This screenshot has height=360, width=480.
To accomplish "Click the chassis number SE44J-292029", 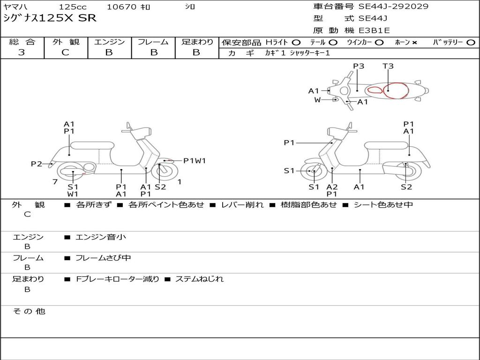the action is [x=393, y=7].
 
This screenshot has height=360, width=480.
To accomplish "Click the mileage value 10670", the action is [x=121, y=7].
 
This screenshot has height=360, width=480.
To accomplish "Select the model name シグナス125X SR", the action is [x=50, y=18].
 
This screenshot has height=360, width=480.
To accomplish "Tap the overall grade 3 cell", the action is [x=22, y=52].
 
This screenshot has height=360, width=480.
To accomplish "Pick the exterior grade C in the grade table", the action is [x=65, y=52].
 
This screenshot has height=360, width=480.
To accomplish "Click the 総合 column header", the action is [x=22, y=42].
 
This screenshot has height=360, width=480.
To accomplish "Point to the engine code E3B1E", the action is [x=374, y=30].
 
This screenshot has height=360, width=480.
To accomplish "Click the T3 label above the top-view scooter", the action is [x=388, y=66].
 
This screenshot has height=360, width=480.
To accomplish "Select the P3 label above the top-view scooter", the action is [x=359, y=66].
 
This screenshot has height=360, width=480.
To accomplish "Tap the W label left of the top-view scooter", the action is [x=317, y=100].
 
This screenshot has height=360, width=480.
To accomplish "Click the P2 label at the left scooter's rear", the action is [x=36, y=164].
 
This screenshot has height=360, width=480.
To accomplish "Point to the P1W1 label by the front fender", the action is [x=195, y=161].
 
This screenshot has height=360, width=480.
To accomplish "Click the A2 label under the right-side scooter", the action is [x=332, y=187].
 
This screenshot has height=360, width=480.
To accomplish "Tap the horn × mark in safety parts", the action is [x=414, y=43].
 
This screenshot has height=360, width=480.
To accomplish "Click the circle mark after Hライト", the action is [x=296, y=43].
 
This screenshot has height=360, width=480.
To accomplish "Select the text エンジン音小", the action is [x=101, y=237].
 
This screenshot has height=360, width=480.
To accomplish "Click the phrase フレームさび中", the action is [x=103, y=258].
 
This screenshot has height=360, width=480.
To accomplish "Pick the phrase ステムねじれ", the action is [x=199, y=279].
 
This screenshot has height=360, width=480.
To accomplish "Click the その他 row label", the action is [x=29, y=311].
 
